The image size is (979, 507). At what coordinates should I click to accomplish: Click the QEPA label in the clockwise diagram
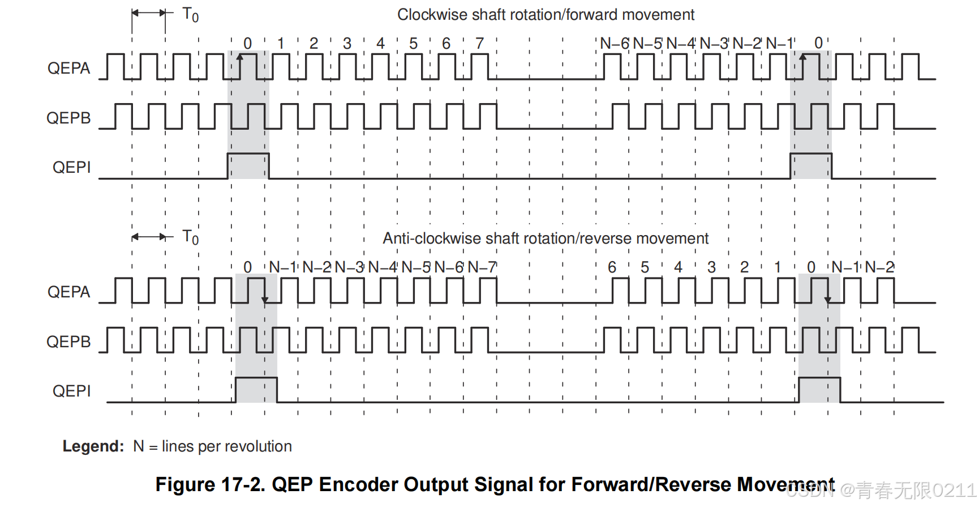point(68,69)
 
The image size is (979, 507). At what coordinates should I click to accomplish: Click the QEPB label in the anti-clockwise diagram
point(68,342)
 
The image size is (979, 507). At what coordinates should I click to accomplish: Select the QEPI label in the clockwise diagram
point(71,168)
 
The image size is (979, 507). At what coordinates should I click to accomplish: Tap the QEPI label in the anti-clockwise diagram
point(71,391)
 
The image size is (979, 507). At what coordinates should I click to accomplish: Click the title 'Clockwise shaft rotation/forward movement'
point(546,15)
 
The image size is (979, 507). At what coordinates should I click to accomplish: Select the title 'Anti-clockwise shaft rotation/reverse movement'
point(546,238)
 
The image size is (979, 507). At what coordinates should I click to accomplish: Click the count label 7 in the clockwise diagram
point(480,44)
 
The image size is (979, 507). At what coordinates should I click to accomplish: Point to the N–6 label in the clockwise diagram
point(615,44)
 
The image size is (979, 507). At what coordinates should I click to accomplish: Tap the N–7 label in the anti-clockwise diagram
point(482,267)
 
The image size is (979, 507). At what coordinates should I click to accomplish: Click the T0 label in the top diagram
point(191,15)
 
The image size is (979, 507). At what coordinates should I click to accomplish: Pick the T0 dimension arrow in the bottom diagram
point(149,237)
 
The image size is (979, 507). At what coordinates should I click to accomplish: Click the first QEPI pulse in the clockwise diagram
point(248,165)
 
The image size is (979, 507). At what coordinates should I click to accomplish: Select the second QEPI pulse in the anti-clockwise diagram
point(819,389)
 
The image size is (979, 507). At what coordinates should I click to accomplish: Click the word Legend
point(93,447)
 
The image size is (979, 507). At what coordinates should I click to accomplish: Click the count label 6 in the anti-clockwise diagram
point(612,267)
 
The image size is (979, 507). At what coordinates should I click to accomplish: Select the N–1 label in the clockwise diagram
point(780,44)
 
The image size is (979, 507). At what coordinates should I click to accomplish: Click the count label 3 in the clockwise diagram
point(347,44)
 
